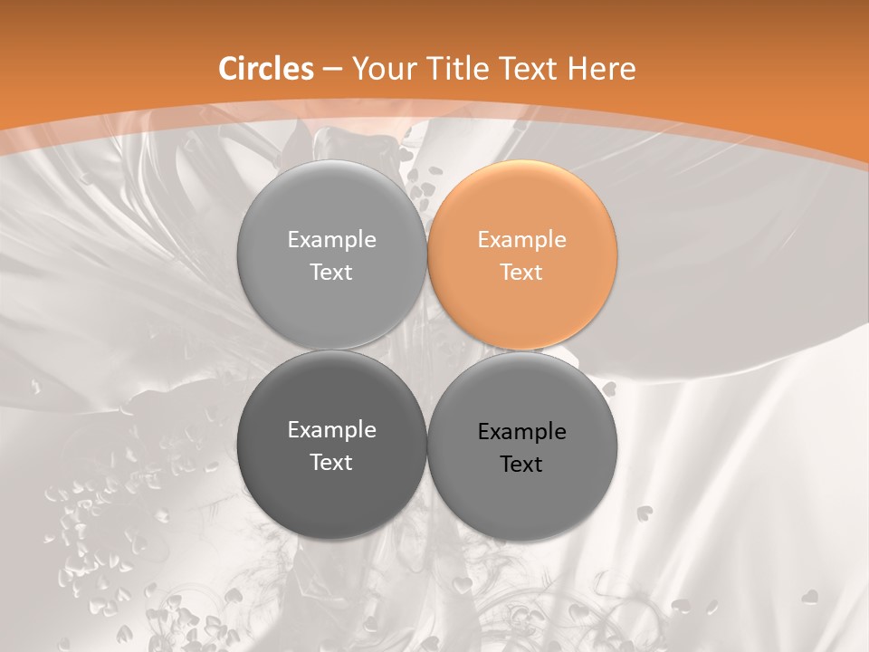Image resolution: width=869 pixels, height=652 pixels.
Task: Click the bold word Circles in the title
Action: coord(266,69)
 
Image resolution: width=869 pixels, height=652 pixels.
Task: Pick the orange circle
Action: coord(522,254)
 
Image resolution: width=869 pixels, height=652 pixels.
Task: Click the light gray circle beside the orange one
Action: coord(331,254)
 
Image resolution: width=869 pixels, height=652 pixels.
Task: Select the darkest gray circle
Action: coord(331,445)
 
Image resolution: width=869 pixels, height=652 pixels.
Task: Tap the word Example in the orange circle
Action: coord(522,239)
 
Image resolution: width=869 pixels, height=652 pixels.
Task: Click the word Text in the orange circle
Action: coord(522,272)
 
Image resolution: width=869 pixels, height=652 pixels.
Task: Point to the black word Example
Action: coord(522,431)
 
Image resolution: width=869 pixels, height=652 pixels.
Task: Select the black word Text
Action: coord(522,464)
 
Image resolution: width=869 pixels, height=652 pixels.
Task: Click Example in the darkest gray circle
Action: coord(331,429)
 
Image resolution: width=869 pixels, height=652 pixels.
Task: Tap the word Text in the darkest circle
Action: coord(331,462)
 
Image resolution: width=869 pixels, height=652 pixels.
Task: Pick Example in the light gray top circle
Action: coord(331,239)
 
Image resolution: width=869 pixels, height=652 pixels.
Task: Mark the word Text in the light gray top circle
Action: coord(331,272)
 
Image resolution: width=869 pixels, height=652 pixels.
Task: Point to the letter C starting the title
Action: coord(228,69)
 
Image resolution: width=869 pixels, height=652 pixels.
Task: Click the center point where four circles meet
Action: coord(427,350)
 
